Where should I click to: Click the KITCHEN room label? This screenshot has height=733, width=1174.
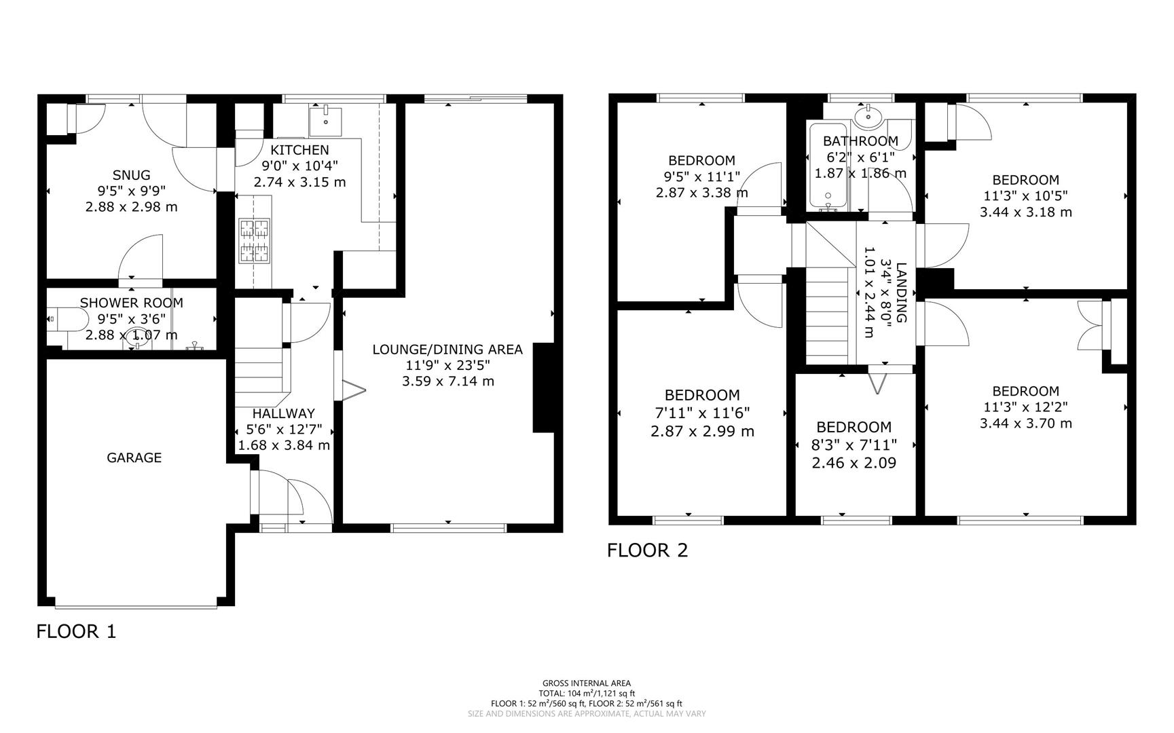click(x=299, y=150)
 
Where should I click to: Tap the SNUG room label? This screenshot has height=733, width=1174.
click(x=132, y=175)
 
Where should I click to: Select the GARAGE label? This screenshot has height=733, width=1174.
click(x=134, y=457)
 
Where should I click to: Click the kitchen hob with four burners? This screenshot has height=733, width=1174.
click(x=254, y=241)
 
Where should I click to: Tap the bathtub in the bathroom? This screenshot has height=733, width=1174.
click(x=828, y=166)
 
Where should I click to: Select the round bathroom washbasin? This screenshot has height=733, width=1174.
click(x=868, y=117)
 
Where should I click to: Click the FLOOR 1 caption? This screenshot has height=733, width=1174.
click(x=76, y=631)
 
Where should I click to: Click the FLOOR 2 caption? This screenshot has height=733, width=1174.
click(x=647, y=550)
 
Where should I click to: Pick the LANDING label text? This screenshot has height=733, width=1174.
click(x=901, y=292)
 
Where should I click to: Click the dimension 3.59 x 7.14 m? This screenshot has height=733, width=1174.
click(x=448, y=381)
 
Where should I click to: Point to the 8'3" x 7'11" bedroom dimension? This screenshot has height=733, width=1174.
click(x=854, y=445)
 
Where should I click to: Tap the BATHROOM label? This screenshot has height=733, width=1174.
click(x=860, y=141)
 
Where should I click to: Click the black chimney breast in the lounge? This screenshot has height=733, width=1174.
click(x=544, y=387)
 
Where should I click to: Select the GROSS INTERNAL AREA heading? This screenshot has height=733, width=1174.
click(x=586, y=683)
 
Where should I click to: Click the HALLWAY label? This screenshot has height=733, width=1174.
click(x=283, y=413)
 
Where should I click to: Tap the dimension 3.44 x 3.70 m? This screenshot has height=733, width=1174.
click(x=1025, y=424)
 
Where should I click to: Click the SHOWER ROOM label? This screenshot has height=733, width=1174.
click(x=132, y=303)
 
